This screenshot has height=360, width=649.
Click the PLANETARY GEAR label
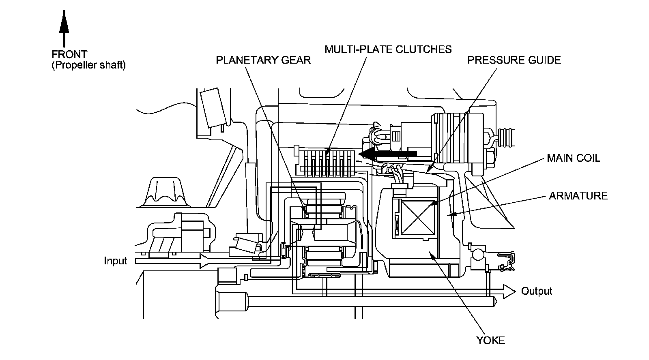(263, 60)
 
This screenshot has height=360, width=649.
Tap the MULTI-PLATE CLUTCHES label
(388, 49)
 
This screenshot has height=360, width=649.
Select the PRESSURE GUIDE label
(514, 60)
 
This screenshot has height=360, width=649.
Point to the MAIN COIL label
(574, 158)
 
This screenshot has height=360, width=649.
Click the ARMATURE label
(578, 196)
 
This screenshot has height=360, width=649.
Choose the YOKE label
(490, 340)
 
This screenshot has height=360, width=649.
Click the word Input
(115, 261)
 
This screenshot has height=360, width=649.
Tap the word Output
(536, 291)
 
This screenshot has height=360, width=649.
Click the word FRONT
(69, 54)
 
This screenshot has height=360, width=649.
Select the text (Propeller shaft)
(89, 65)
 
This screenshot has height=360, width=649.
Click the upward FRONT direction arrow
(64, 28)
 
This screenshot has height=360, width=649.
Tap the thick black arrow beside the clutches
(387, 154)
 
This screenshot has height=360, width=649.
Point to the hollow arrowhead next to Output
(509, 291)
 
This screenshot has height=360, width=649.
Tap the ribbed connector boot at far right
(506, 137)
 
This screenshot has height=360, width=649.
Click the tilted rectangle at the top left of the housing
(213, 108)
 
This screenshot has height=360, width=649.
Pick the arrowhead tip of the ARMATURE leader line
(448, 215)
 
